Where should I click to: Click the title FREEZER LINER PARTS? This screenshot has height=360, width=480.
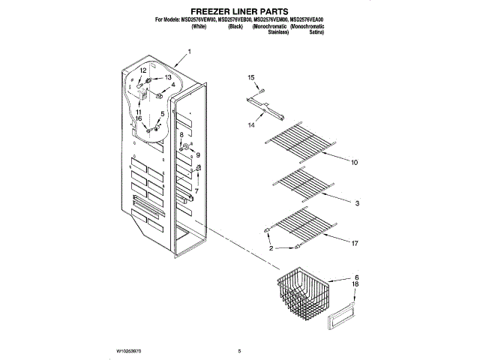pyautogui.click(x=239, y=12)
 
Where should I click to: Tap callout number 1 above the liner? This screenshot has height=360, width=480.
pyautogui.click(x=190, y=52)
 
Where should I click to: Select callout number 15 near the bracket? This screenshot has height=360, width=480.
pyautogui.click(x=251, y=77)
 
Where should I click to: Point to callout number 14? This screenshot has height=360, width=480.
pyautogui.click(x=251, y=125)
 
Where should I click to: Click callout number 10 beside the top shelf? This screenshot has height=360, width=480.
pyautogui.click(x=355, y=162)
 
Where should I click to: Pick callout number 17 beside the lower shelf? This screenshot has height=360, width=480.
pyautogui.click(x=355, y=242)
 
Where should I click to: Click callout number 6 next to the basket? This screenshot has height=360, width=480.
pyautogui.click(x=356, y=277)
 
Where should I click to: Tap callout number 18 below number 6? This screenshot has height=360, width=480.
pyautogui.click(x=356, y=286)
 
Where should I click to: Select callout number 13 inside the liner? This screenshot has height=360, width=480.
pyautogui.click(x=168, y=77)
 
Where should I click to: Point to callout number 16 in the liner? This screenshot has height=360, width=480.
pyautogui.click(x=138, y=118)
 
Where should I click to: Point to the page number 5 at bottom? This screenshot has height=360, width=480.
pyautogui.click(x=239, y=349)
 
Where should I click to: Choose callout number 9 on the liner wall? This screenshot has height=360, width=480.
pyautogui.click(x=199, y=154)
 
